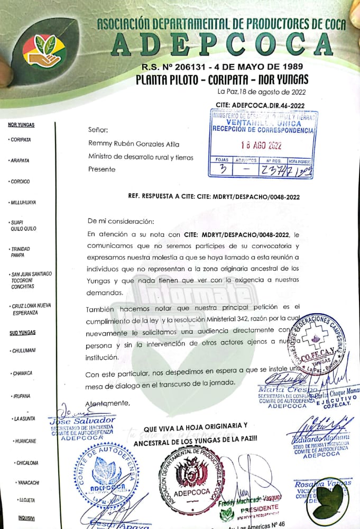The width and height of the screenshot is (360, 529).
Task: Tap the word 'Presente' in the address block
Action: click(101, 170)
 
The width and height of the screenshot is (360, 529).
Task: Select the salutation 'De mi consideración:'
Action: click(121, 221)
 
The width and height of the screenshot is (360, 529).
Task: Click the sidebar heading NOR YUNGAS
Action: click(21, 125)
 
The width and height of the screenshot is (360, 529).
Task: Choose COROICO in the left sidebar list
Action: click(21, 181)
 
